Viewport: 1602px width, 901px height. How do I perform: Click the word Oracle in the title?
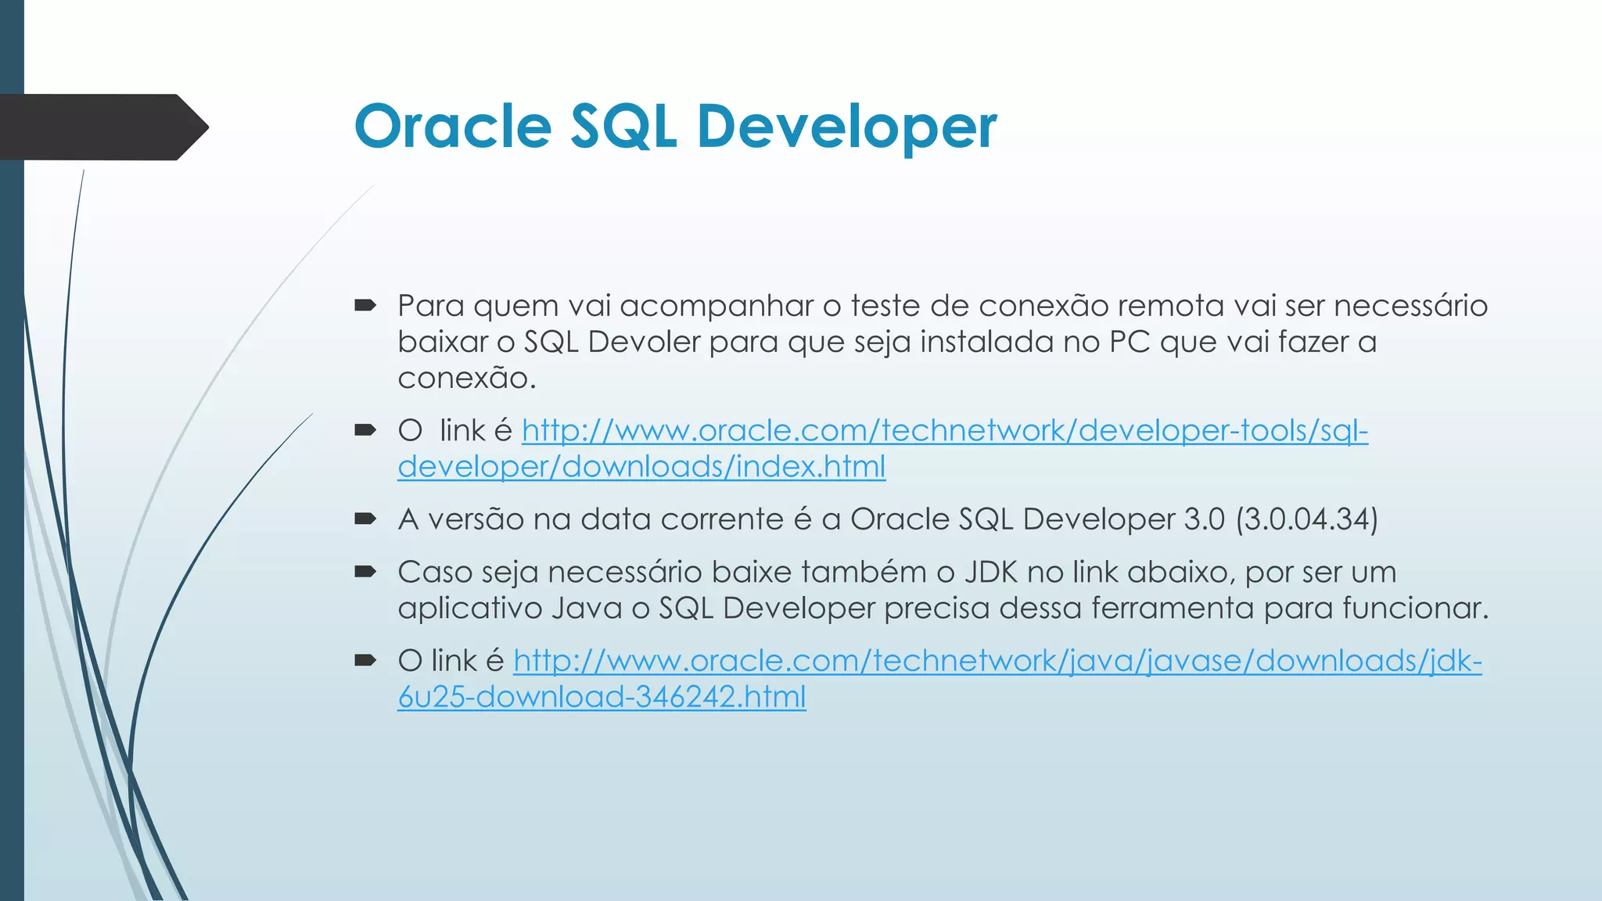tap(453, 126)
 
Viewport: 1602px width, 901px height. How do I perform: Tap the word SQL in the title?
tap(623, 126)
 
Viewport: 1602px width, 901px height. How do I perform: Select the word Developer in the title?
tap(846, 126)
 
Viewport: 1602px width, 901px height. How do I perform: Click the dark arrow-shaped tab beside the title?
tap(102, 127)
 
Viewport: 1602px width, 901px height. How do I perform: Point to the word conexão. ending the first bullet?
tap(466, 379)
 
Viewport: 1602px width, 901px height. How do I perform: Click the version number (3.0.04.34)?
tap(1306, 519)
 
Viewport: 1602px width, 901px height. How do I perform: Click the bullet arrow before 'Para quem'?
tap(365, 306)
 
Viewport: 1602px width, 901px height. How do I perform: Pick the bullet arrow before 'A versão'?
tap(365, 519)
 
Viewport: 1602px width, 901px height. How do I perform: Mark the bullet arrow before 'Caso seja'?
tap(365, 572)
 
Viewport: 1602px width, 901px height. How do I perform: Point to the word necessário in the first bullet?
tap(1410, 306)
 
